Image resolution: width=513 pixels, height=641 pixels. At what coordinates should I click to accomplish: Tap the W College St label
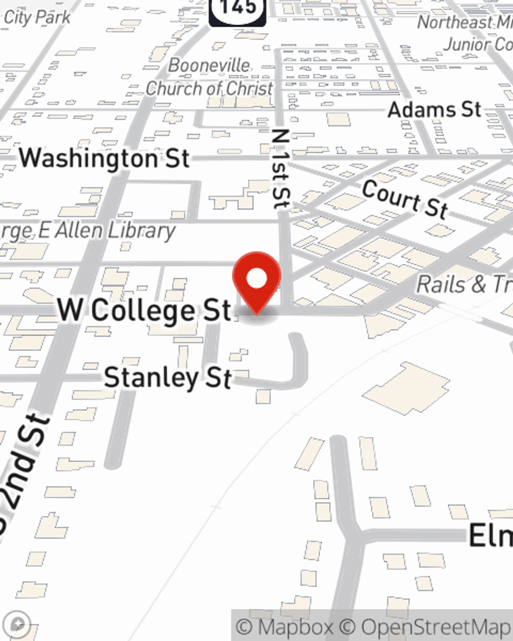click(x=144, y=310)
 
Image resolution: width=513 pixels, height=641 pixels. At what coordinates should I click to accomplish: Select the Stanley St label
click(x=168, y=378)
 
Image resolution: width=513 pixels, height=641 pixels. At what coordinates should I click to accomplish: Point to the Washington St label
click(x=105, y=158)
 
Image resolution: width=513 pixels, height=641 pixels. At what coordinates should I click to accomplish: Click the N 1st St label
click(x=281, y=169)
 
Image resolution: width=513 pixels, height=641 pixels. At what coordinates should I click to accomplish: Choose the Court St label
click(x=405, y=199)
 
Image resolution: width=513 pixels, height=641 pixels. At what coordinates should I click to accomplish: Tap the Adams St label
click(x=435, y=110)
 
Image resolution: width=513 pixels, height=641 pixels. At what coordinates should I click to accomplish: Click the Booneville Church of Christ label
click(x=209, y=77)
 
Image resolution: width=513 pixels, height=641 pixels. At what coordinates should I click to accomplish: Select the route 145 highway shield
click(x=238, y=10)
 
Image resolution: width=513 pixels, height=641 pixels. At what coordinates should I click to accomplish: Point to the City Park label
click(x=37, y=17)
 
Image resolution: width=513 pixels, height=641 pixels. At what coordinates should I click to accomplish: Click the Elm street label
click(x=490, y=536)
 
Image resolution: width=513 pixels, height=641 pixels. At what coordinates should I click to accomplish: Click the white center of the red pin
click(x=256, y=279)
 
